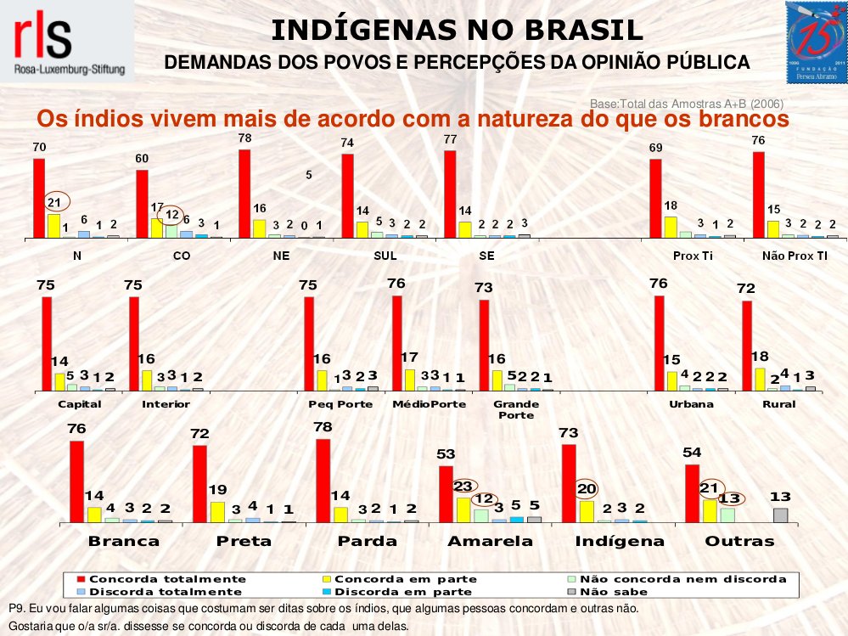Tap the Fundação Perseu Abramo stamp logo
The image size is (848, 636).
point(816,42)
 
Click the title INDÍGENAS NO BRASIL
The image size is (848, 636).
point(457,31)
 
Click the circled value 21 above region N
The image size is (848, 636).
point(54,202)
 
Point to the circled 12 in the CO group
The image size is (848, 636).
point(171,214)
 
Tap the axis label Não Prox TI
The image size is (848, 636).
point(796,256)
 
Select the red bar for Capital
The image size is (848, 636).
point(47,343)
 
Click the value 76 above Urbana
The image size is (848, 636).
point(658,284)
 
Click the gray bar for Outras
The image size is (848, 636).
point(780,515)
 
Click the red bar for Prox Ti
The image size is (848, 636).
point(655,198)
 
